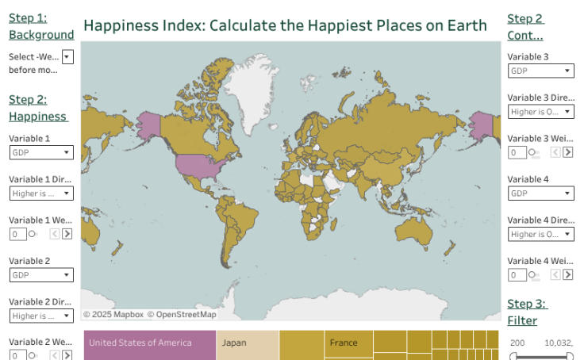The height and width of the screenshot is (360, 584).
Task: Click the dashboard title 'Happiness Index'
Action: pyautogui.click(x=285, y=25)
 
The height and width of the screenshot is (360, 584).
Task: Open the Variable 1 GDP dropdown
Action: pyautogui.click(x=41, y=152)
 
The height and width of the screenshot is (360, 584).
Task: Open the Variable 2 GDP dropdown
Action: pyautogui.click(x=41, y=275)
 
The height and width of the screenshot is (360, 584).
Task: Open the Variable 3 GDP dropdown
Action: pyautogui.click(x=540, y=71)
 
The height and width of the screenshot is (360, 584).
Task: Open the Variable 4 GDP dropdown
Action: pyautogui.click(x=540, y=193)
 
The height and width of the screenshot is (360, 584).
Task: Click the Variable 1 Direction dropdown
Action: pyautogui.click(x=41, y=193)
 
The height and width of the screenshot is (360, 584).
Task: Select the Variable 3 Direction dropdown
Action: pyautogui.click(x=540, y=112)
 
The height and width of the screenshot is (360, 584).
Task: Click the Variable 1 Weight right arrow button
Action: pyautogui.click(x=67, y=234)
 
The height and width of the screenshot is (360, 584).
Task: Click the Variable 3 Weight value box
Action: pyautogui.click(x=516, y=152)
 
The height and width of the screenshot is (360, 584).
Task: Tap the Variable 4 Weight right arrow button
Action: pyautogui.click(x=567, y=275)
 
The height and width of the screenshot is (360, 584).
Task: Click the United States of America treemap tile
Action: pyautogui.click(x=149, y=344)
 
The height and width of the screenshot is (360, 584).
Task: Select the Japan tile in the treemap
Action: pyautogui.click(x=247, y=344)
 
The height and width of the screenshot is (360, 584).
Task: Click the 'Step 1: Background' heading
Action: pyautogui.click(x=41, y=26)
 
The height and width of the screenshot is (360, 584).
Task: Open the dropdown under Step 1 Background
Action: pyautogui.click(x=67, y=57)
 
